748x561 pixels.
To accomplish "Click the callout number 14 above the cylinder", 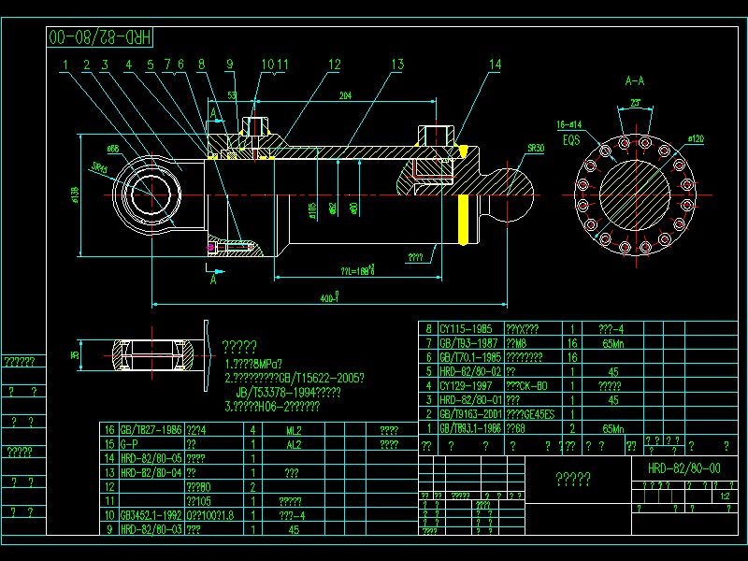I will click(495, 64).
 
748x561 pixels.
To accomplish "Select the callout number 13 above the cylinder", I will click(397, 64).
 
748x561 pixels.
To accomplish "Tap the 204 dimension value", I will click(345, 95).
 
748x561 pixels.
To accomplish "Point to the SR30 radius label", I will click(535, 148).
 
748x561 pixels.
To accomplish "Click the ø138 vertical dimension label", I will click(74, 194).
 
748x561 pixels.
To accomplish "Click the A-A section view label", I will click(635, 81).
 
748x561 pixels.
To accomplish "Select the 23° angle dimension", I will click(635, 102).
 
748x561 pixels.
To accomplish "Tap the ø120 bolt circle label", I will click(695, 138).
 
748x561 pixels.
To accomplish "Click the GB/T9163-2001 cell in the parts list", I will click(471, 413).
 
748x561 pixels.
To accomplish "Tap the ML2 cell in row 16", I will click(293, 431).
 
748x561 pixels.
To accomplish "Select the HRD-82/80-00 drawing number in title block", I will click(683, 467).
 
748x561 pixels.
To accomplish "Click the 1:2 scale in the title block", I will click(726, 496).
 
